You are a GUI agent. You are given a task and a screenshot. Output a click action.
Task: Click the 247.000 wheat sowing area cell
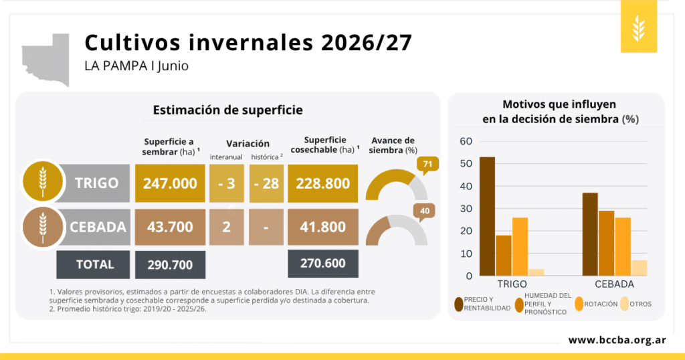tap(170, 183)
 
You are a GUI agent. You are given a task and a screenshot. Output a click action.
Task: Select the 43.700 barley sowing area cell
tap(170, 228)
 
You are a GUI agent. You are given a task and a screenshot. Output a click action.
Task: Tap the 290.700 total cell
tap(170, 265)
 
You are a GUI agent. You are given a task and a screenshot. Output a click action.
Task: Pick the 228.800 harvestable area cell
tap(323, 183)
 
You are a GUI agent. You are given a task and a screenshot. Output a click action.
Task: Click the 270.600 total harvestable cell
tap(323, 264)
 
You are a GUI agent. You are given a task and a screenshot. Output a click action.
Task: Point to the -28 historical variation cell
tap(266, 183)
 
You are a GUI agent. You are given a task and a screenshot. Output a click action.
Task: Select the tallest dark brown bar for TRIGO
tap(487, 216)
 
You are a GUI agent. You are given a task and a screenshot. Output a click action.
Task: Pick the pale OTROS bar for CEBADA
tap(639, 268)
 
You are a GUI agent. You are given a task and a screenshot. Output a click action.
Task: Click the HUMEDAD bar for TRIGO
tap(504, 256)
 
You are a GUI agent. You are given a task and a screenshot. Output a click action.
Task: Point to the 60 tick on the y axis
tap(466, 141)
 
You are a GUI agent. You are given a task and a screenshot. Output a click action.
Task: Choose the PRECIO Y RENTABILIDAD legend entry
tap(482, 304)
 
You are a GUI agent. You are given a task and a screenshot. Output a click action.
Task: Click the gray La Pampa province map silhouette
tap(46, 59)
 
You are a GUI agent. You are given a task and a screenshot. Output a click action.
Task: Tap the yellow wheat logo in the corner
tap(639, 27)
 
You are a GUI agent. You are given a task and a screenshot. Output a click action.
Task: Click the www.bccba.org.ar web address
tap(617, 340)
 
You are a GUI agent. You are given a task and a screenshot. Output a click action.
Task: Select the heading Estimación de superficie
tap(227, 110)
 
